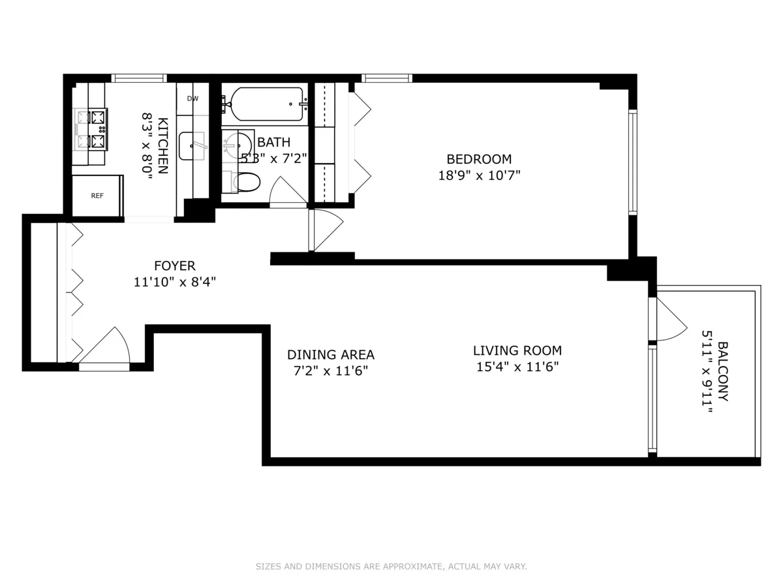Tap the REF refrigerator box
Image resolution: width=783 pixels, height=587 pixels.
[97, 196]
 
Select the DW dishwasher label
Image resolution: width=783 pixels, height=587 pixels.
[192, 99]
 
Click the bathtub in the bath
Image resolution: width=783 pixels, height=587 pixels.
[264, 104]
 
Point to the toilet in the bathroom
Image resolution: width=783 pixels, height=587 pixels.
[246, 182]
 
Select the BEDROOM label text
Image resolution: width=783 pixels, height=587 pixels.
[479, 159]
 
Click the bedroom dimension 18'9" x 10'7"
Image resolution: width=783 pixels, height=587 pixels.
[479, 175]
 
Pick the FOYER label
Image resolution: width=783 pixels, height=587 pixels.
[174, 266]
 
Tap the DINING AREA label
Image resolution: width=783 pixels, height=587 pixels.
[331, 355]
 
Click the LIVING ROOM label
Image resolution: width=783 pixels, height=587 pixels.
[517, 351]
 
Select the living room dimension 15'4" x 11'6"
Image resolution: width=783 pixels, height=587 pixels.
[517, 367]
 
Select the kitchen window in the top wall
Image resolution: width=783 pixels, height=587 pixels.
[139, 78]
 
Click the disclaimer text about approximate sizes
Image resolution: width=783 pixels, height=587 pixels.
[391, 567]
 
